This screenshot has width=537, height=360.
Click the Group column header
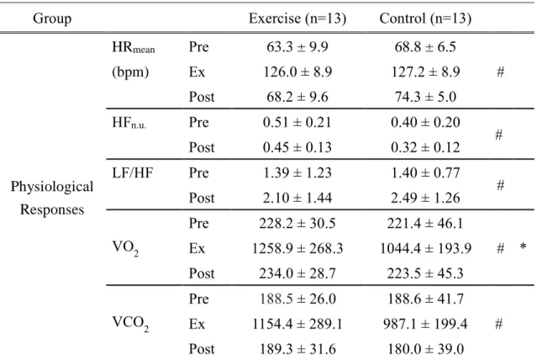point(52,19)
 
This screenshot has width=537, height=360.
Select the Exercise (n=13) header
point(297,19)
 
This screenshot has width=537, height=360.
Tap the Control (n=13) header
point(425,19)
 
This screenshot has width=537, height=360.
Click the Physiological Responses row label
point(52,198)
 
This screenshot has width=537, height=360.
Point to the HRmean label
point(134,47)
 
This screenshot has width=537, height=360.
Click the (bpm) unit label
point(130,72)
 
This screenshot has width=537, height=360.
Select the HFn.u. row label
point(129,123)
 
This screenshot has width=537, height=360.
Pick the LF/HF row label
point(133,172)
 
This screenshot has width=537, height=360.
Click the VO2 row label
point(125,249)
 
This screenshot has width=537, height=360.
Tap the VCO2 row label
point(130,324)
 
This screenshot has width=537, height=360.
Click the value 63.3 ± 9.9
point(297,47)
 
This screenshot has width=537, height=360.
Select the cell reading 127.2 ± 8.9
point(425,72)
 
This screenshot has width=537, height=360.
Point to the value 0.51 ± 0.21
point(297,123)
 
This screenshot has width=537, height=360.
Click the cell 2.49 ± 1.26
point(425,198)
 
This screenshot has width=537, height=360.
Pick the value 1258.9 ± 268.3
point(297,248)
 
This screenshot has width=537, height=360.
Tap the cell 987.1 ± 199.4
point(425,324)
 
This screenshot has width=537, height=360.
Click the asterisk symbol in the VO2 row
point(523,246)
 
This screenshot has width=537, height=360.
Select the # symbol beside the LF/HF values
point(500,185)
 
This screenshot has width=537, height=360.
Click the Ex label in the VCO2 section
point(197,324)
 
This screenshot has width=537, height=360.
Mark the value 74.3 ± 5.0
point(425,97)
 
